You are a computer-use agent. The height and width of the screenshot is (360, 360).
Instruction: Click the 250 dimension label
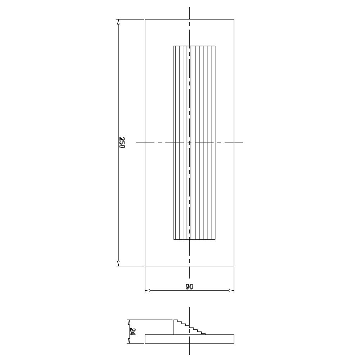(122, 143)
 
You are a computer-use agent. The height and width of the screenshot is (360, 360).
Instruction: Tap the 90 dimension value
(189, 287)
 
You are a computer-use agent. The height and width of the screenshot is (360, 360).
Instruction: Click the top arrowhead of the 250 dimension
(118, 22)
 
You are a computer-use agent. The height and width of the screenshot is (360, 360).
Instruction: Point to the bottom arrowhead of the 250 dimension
(118, 264)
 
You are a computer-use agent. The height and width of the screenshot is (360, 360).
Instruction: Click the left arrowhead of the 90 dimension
(148, 291)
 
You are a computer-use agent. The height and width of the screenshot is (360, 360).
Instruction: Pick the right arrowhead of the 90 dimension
(231, 291)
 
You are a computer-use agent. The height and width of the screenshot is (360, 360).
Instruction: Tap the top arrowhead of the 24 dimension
(129, 322)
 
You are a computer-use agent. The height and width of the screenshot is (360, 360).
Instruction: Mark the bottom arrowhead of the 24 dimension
(129, 341)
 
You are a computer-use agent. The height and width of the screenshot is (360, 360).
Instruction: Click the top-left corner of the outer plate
(145, 19)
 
